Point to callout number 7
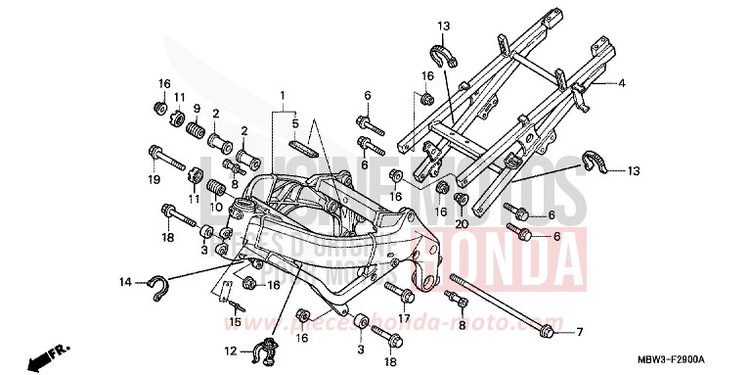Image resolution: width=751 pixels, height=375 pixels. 578,332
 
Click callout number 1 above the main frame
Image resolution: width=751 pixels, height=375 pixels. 283,96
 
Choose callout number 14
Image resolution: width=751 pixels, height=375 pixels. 125,283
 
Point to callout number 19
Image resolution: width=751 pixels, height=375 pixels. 154,179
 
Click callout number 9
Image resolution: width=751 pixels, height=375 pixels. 197,109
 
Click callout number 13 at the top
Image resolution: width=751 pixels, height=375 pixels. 442,24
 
